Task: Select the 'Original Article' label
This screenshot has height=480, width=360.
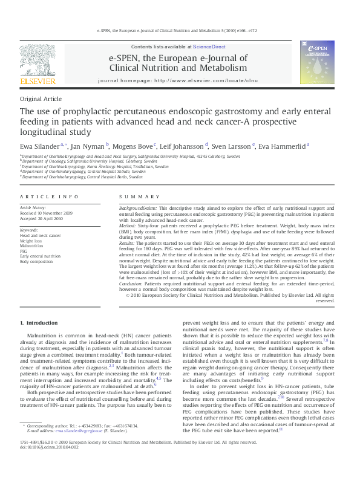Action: [41, 99]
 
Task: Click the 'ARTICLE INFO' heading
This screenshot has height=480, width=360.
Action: [49, 197]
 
